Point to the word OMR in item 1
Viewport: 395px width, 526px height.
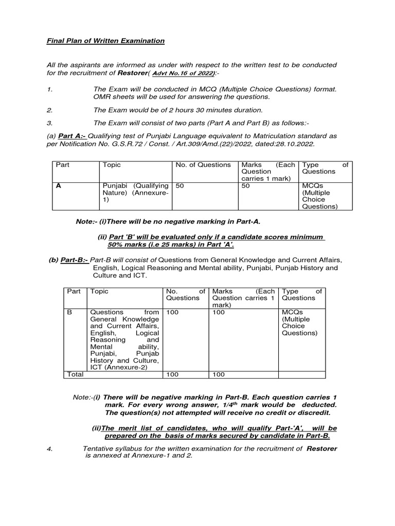click(x=102, y=97)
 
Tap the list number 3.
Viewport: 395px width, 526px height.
click(x=49, y=123)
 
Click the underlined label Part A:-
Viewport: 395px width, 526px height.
click(x=71, y=136)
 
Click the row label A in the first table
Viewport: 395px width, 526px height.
click(x=58, y=186)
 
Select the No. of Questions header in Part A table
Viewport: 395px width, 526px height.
click(x=203, y=165)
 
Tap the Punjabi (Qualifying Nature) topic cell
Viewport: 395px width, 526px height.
click(x=135, y=193)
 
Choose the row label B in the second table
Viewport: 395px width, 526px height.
click(x=70, y=312)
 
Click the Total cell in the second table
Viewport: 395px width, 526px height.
click(x=75, y=374)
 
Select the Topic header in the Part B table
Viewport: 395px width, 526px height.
click(x=99, y=291)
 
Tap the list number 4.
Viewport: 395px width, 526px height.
click(x=49, y=448)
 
